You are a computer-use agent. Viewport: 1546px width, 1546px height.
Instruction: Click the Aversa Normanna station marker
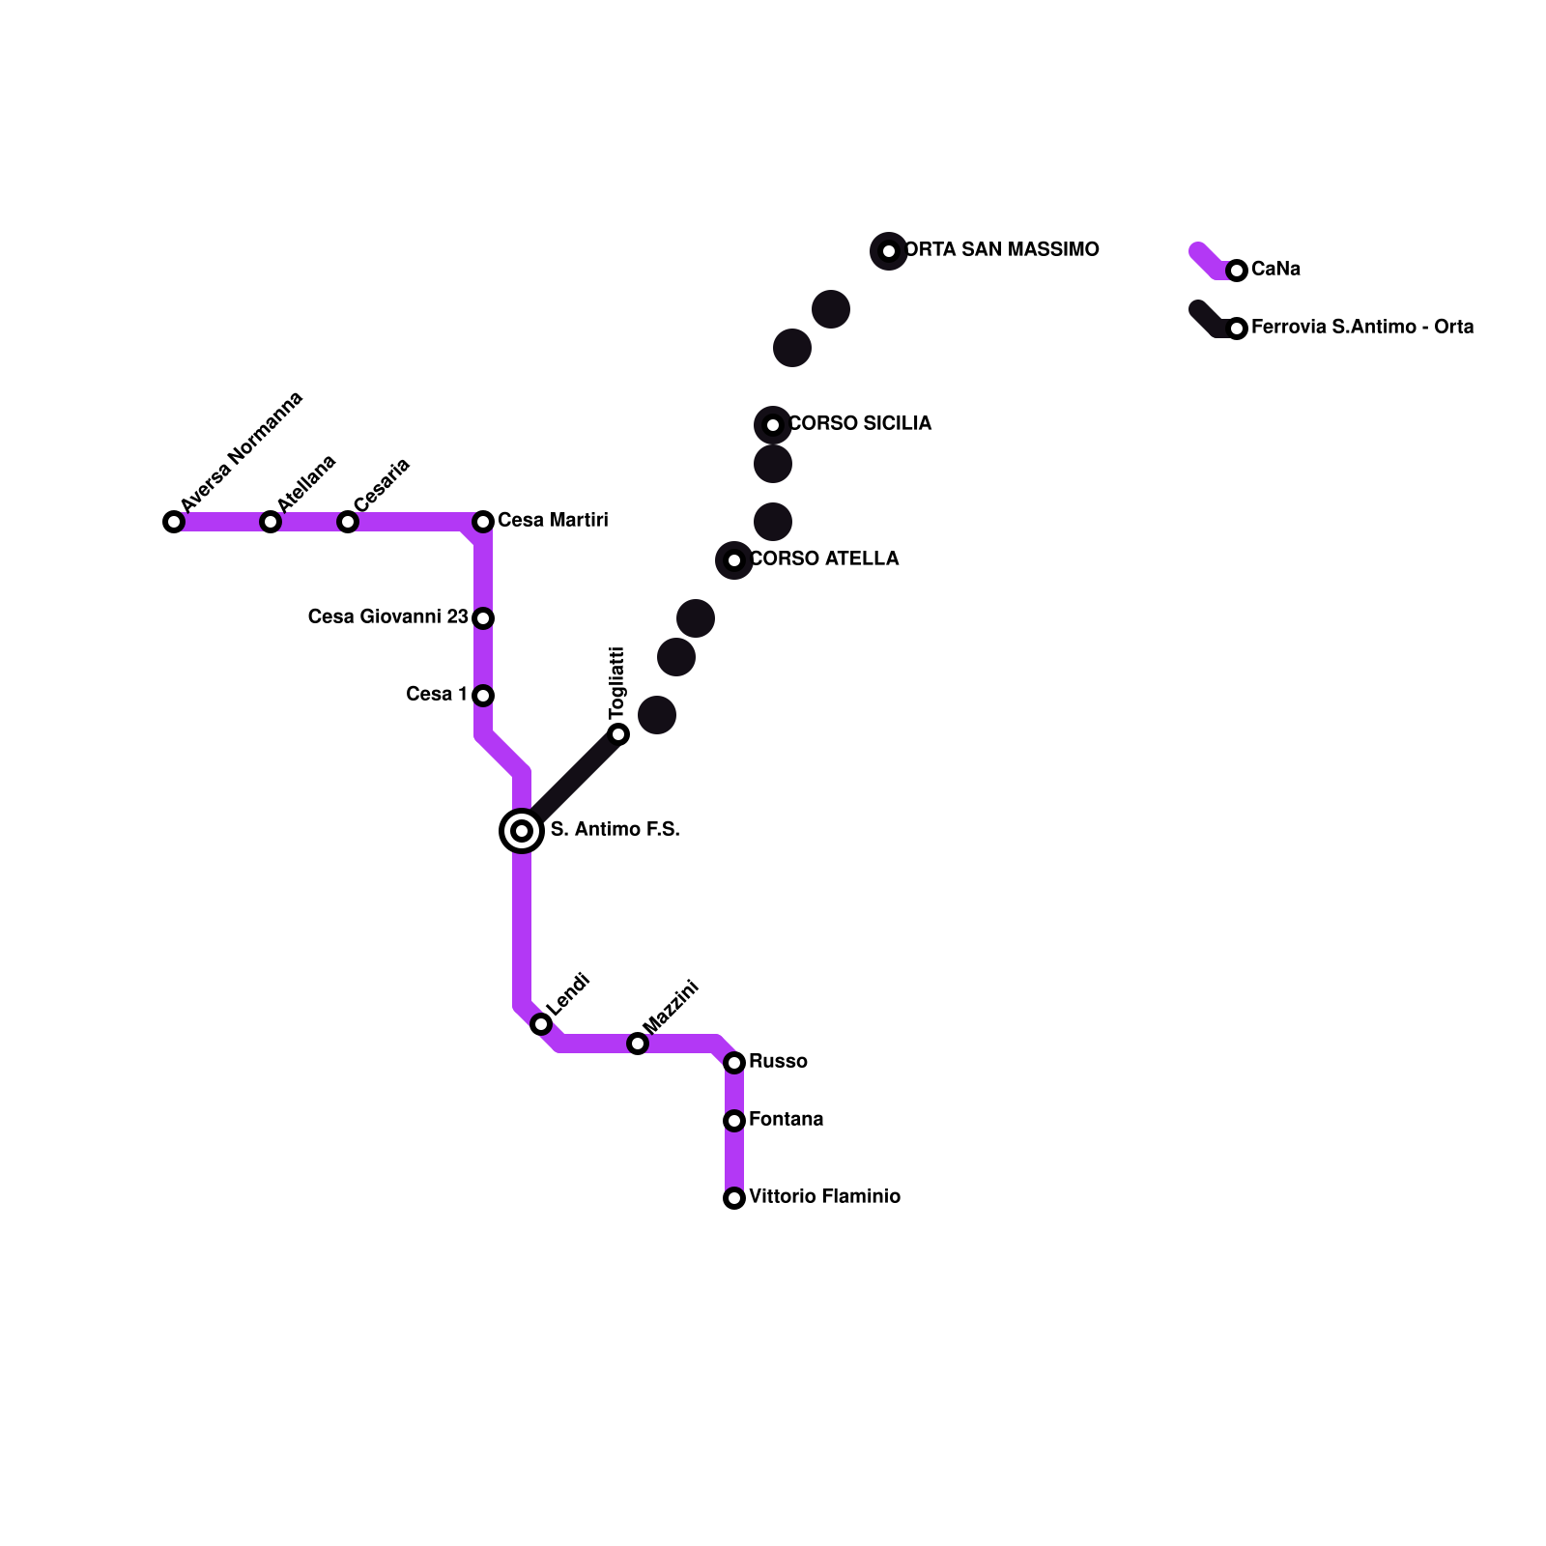point(174,522)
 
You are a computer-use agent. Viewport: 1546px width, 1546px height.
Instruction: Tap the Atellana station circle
point(271,522)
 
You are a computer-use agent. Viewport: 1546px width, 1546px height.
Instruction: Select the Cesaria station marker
point(348,522)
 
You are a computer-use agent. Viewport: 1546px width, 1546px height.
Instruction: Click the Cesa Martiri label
point(553,521)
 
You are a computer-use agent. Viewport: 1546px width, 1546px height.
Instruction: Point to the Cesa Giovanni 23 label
point(387,617)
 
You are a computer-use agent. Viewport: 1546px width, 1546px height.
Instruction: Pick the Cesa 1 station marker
point(483,696)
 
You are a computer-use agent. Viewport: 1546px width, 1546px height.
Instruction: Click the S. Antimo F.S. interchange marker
point(522,831)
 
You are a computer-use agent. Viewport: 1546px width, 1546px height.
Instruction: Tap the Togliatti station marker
point(618,734)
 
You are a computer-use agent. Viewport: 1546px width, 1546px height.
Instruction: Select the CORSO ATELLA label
point(824,559)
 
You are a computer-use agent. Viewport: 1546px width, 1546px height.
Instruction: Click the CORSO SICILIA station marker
point(773,425)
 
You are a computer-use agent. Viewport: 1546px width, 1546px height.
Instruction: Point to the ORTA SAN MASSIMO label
point(1001,250)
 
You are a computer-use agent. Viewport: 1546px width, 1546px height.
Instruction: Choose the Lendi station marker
point(541,1024)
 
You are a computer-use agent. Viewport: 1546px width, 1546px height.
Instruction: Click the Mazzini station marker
point(638,1044)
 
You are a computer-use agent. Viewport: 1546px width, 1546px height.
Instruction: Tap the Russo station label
point(778,1062)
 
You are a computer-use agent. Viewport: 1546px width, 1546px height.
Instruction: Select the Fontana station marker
point(734,1121)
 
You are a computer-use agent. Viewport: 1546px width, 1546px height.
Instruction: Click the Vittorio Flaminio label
point(824,1197)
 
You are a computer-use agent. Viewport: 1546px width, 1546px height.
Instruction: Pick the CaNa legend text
point(1275,270)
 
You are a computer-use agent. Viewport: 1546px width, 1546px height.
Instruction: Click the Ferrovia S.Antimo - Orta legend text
point(1362,328)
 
